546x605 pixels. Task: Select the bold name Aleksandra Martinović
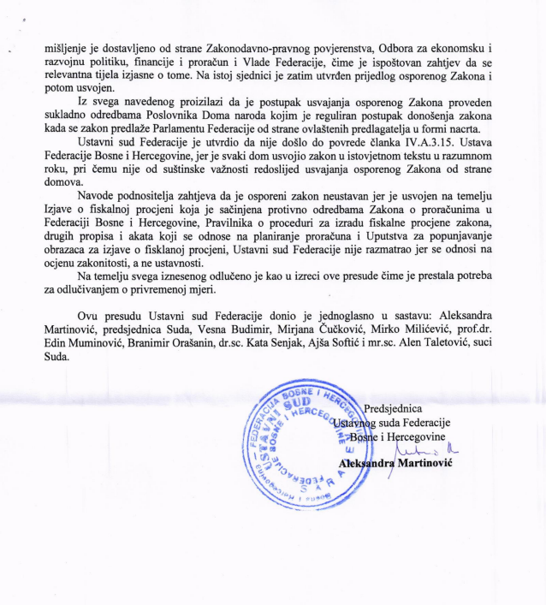click(395, 463)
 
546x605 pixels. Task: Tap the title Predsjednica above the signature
click(392, 409)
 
